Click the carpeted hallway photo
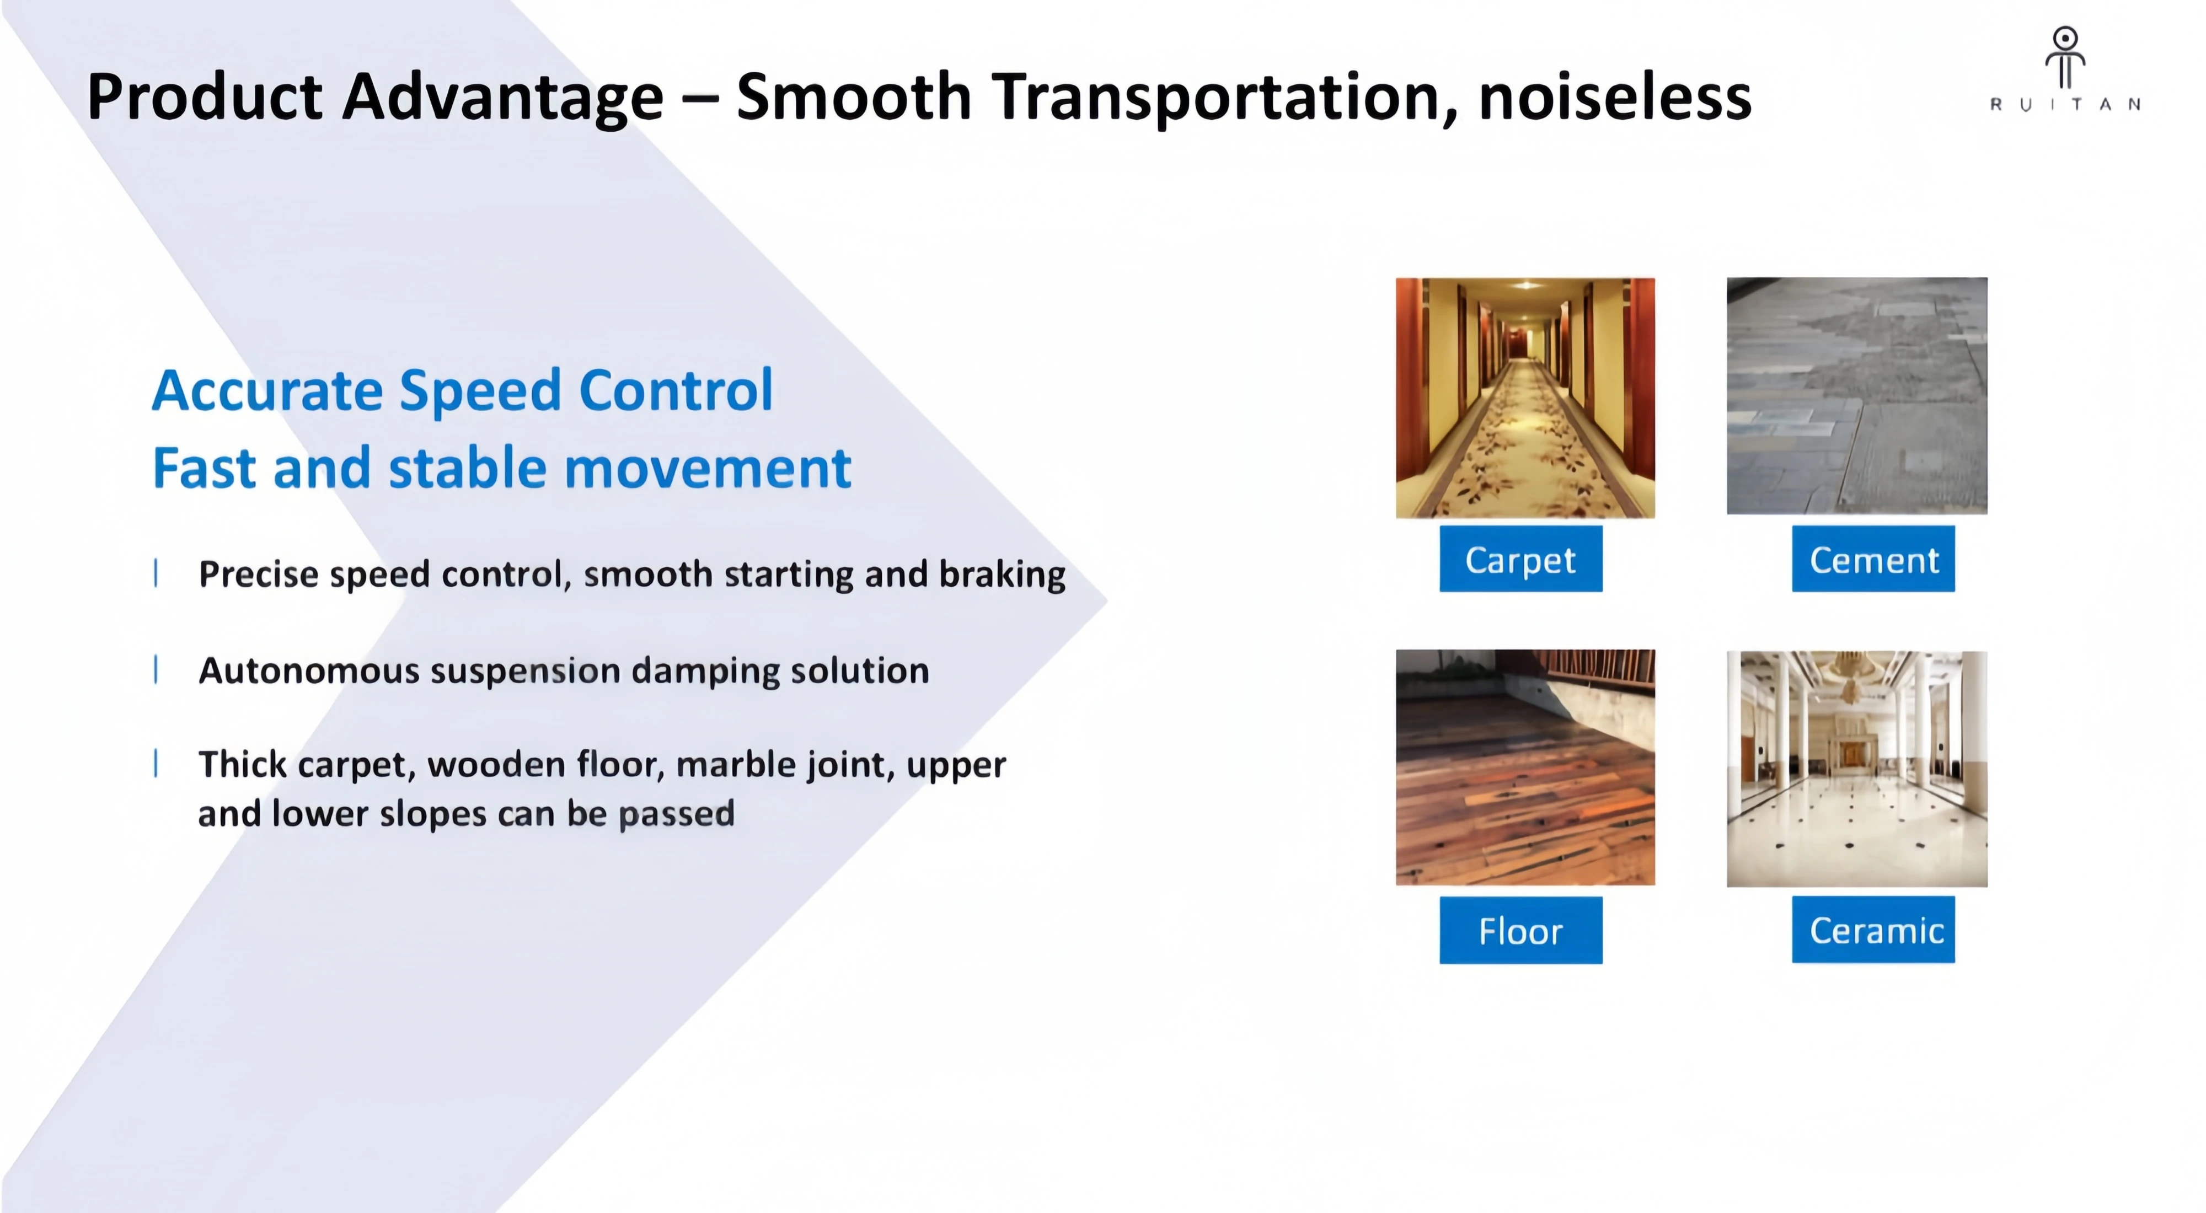[x=1525, y=398]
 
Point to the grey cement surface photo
[x=1856, y=395]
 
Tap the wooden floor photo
[x=1525, y=767]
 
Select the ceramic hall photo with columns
[x=1856, y=769]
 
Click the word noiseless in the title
[x=1615, y=96]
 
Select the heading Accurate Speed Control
[x=463, y=390]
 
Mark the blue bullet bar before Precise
[x=156, y=573]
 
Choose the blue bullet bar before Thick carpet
[x=156, y=763]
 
